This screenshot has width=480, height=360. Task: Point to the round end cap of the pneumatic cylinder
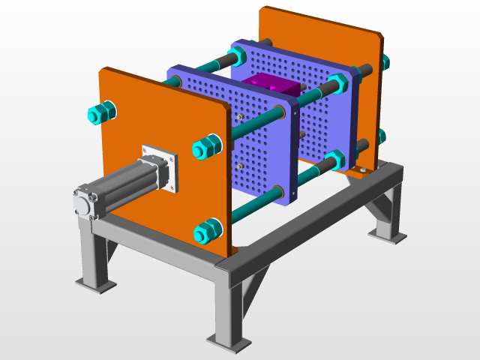[x=85, y=205]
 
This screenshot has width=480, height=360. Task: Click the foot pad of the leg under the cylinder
[x=95, y=285]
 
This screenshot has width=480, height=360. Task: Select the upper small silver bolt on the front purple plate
[x=238, y=117]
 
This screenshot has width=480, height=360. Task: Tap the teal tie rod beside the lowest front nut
[x=247, y=210]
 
